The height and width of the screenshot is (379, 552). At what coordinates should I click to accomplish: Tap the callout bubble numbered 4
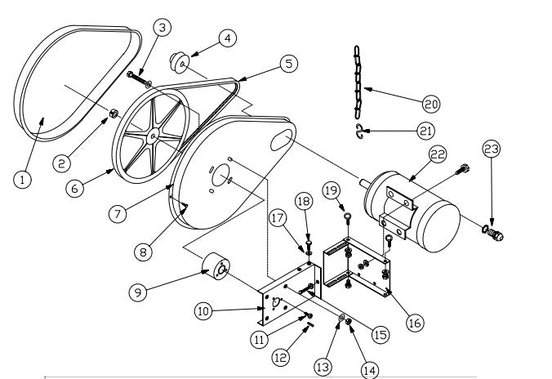(228, 38)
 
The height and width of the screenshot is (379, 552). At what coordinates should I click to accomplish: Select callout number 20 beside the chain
(431, 103)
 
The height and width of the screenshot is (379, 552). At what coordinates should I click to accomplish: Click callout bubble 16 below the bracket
(414, 323)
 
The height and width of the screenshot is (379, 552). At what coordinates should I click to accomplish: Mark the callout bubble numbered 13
(323, 367)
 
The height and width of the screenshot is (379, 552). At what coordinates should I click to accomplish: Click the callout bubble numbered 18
(304, 199)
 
